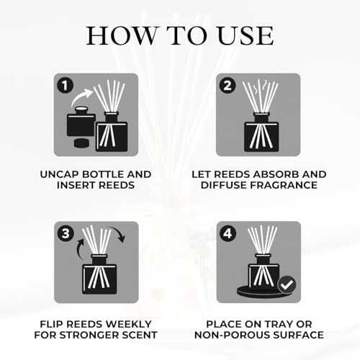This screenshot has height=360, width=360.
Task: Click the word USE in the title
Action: point(246,36)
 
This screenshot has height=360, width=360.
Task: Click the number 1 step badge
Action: point(65,86)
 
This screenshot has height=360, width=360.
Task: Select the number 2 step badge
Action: point(228,86)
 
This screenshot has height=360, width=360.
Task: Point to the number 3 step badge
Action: point(66,233)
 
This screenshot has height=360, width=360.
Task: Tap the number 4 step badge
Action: point(228,233)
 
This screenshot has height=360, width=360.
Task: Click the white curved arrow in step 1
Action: point(81,98)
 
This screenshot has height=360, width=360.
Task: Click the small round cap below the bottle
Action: point(81,143)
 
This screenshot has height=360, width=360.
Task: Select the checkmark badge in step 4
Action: point(287,284)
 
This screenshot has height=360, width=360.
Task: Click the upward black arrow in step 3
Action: point(80,249)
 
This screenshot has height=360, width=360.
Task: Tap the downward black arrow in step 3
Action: point(117,233)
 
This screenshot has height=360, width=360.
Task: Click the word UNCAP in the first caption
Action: point(60,174)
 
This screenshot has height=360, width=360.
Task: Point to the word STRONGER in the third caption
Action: point(86,335)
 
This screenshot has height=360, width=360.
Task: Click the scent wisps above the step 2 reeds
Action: point(260,86)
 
